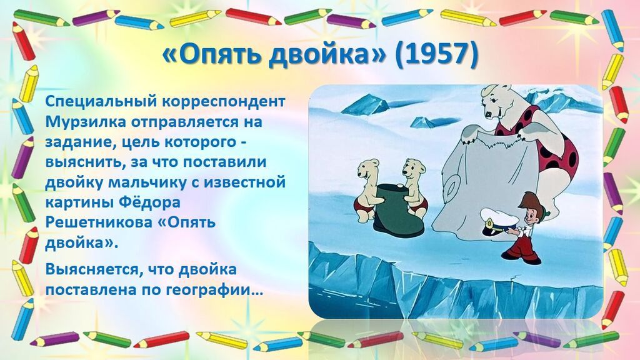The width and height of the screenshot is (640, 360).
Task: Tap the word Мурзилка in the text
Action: [x=86, y=122]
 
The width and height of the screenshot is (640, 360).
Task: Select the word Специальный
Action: [x=101, y=102]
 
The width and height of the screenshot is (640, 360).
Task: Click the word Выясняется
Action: [x=92, y=270]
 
